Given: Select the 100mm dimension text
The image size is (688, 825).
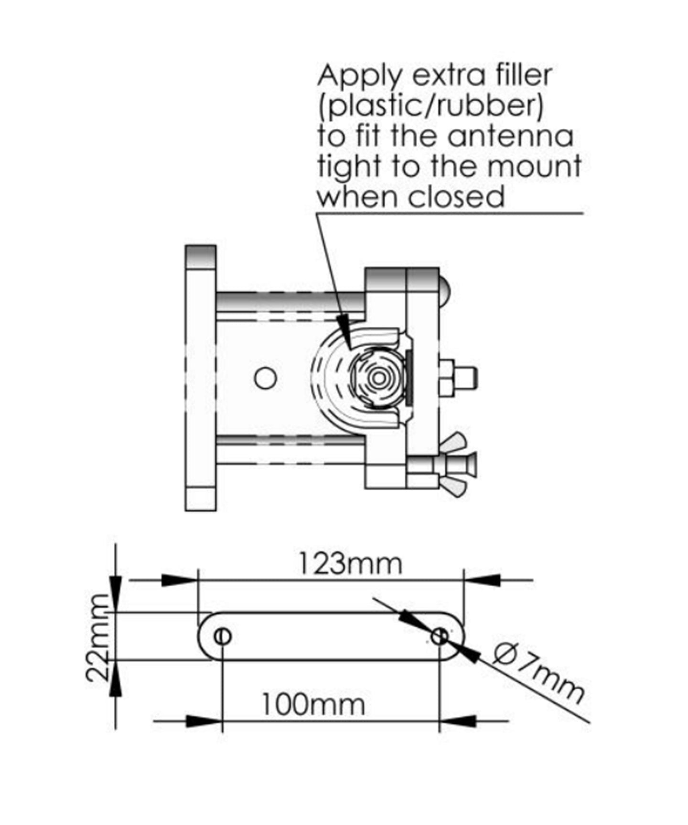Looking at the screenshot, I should point(313,704).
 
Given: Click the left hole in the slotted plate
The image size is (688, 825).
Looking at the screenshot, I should point(223,636).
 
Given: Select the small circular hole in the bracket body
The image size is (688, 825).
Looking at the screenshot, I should point(265,378).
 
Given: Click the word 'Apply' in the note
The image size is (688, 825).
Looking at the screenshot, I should point(361,76).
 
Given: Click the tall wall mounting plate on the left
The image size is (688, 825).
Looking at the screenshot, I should point(201,377).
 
